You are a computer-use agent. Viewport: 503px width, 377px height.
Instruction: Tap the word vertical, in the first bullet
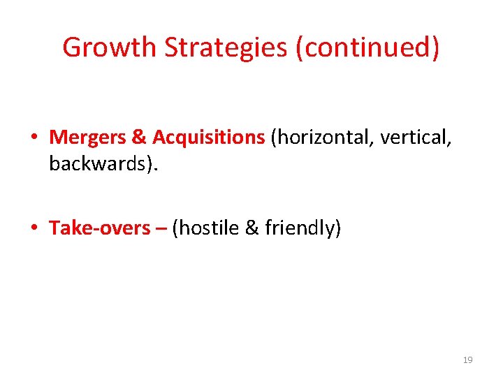418,138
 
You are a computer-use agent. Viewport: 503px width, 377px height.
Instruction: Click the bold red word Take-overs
100,228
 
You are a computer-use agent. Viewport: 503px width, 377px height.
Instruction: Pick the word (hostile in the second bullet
206,228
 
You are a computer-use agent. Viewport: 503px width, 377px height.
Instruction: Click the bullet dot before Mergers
34,138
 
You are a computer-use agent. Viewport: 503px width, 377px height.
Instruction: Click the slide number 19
467,360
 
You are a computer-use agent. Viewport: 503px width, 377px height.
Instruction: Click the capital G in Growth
71,47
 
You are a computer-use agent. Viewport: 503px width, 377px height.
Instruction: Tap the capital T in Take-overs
54,228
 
